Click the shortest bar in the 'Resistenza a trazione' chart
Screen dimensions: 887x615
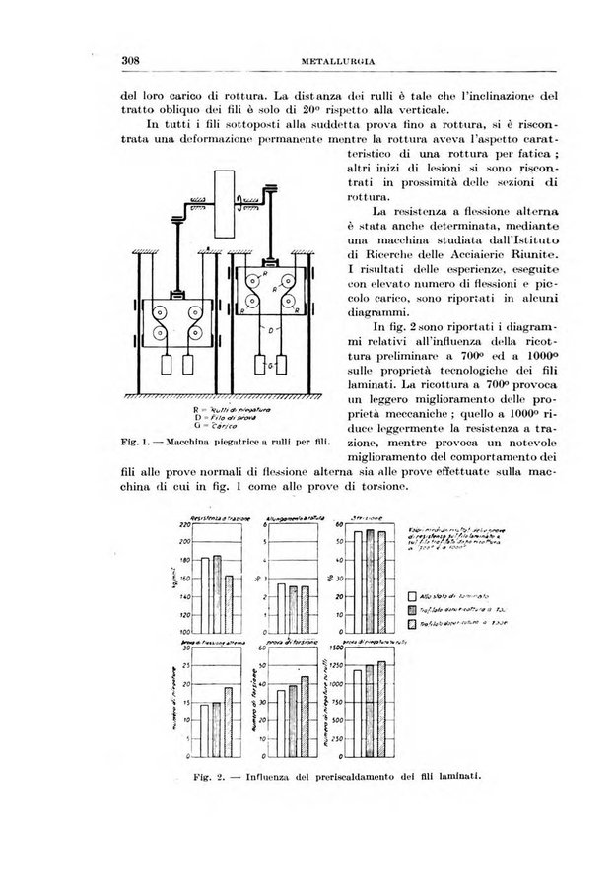(230, 602)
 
